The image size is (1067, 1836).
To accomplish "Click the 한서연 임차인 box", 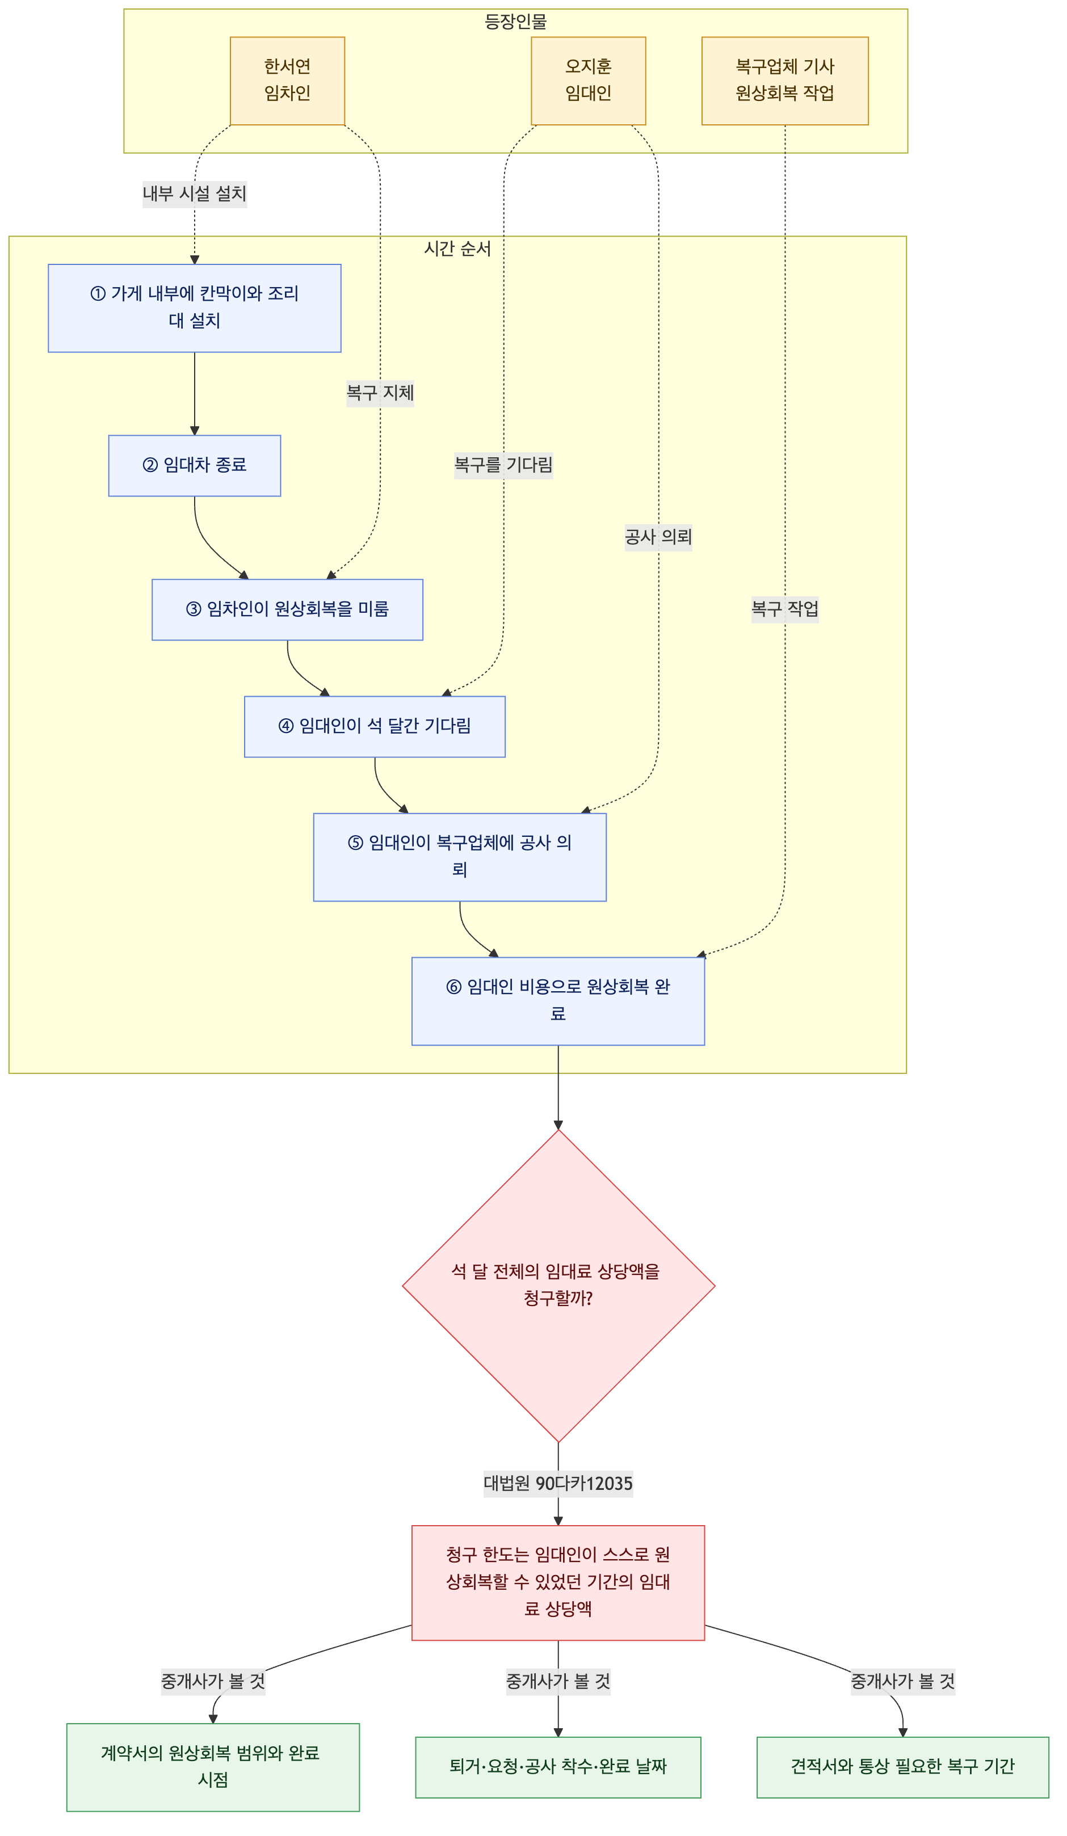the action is [287, 81].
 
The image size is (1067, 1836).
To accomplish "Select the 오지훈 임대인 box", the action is [588, 81].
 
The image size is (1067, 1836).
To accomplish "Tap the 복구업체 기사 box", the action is [785, 81].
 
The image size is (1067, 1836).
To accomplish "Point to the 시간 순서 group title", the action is [457, 249].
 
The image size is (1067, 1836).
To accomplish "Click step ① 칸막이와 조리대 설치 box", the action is [195, 308].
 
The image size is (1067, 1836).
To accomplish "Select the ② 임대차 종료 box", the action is [195, 466].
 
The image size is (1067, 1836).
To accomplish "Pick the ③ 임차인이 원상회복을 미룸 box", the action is [287, 610].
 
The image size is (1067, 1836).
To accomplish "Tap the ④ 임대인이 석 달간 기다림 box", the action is [375, 726].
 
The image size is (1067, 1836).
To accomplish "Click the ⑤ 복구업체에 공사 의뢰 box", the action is [460, 857].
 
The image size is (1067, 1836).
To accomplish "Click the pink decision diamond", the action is [558, 1286].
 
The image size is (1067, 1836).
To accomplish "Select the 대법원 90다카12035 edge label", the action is [558, 1483].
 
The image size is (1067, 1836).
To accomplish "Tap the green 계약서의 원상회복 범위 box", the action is [213, 1767].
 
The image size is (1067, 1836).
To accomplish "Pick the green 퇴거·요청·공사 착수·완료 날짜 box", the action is [558, 1767].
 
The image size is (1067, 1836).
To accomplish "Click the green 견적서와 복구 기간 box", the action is [902, 1767].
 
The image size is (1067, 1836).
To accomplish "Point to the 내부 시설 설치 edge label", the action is [195, 195].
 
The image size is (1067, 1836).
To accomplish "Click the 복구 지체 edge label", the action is [380, 393].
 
